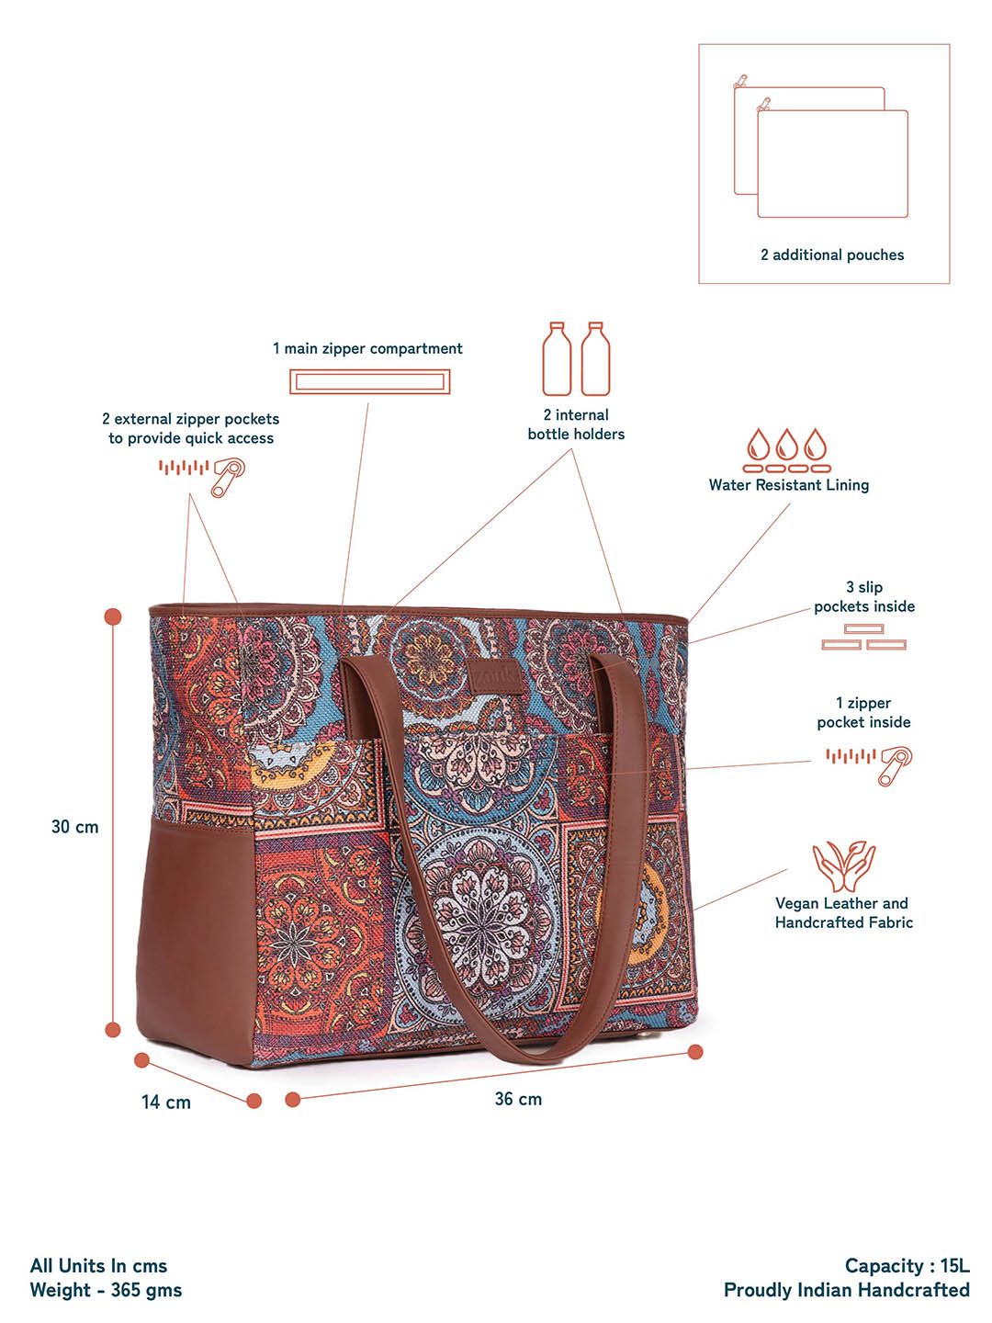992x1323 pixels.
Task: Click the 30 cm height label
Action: tap(74, 826)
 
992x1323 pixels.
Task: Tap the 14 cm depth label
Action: tap(165, 1102)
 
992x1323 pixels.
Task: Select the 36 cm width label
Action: tap(518, 1099)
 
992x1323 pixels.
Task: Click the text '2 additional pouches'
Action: tap(832, 255)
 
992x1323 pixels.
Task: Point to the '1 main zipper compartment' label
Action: tap(367, 348)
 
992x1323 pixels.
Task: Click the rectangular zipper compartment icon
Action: tap(370, 382)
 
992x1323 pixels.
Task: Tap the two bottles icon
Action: tap(576, 358)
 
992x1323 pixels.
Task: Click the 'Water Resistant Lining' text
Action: tap(788, 485)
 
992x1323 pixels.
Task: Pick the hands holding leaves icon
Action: tap(843, 866)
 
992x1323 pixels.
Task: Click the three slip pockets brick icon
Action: tap(863, 637)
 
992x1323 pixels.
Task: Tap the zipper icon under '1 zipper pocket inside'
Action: tap(869, 763)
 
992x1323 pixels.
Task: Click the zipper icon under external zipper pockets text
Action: tap(202, 476)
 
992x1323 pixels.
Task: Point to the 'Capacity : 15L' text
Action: tap(907, 1266)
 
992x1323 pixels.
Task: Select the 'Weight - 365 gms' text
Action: tap(106, 1291)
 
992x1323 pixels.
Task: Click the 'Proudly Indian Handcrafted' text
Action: tap(846, 1291)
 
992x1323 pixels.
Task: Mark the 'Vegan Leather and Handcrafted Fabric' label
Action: tap(844, 912)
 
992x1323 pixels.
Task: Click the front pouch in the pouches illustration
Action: tap(832, 164)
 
